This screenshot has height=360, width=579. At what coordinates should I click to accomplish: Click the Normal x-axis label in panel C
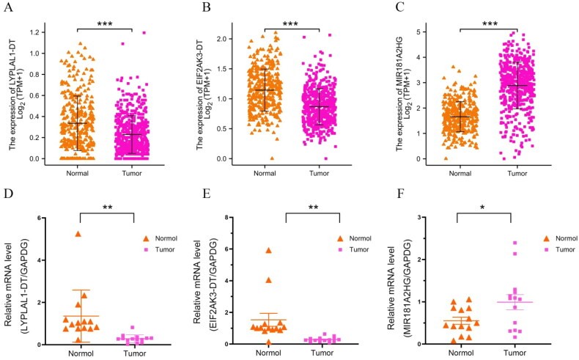click(x=460, y=174)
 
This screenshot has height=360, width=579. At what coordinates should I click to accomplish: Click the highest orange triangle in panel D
click(x=78, y=234)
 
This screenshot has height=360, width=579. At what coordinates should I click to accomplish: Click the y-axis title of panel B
click(x=211, y=92)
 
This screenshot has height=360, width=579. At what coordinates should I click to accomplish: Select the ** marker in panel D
click(x=107, y=207)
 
